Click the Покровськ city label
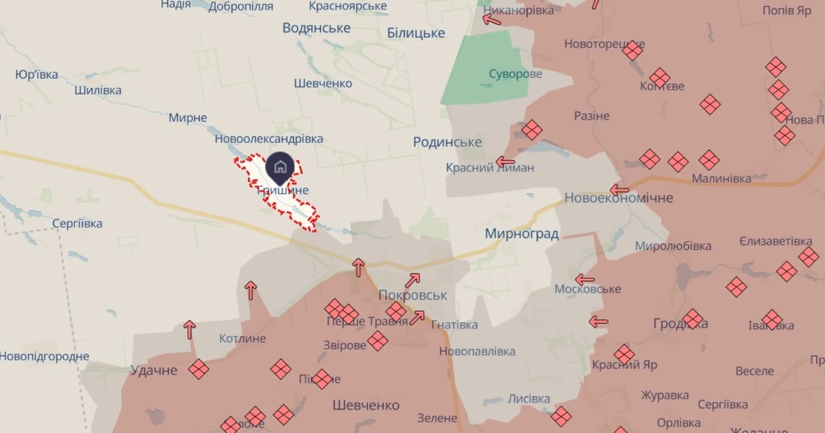coord(412,295)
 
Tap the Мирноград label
coord(522,234)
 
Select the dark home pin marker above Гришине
coord(280,167)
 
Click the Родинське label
coord(447,142)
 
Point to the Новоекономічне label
coord(618,198)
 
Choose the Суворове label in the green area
coord(516,74)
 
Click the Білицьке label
coord(416,33)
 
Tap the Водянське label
coord(316,28)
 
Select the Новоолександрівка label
coord(269,139)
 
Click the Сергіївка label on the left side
coord(77,223)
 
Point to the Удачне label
coord(154,370)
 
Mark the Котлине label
coord(242,339)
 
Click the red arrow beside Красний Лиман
coord(505,162)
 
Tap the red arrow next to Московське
coord(584,279)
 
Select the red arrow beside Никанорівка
coord(492,19)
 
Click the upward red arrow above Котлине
coord(189,330)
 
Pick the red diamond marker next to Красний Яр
coord(624,354)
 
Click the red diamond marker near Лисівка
coord(561,415)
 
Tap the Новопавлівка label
coord(477,351)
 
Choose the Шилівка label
coord(98,90)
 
